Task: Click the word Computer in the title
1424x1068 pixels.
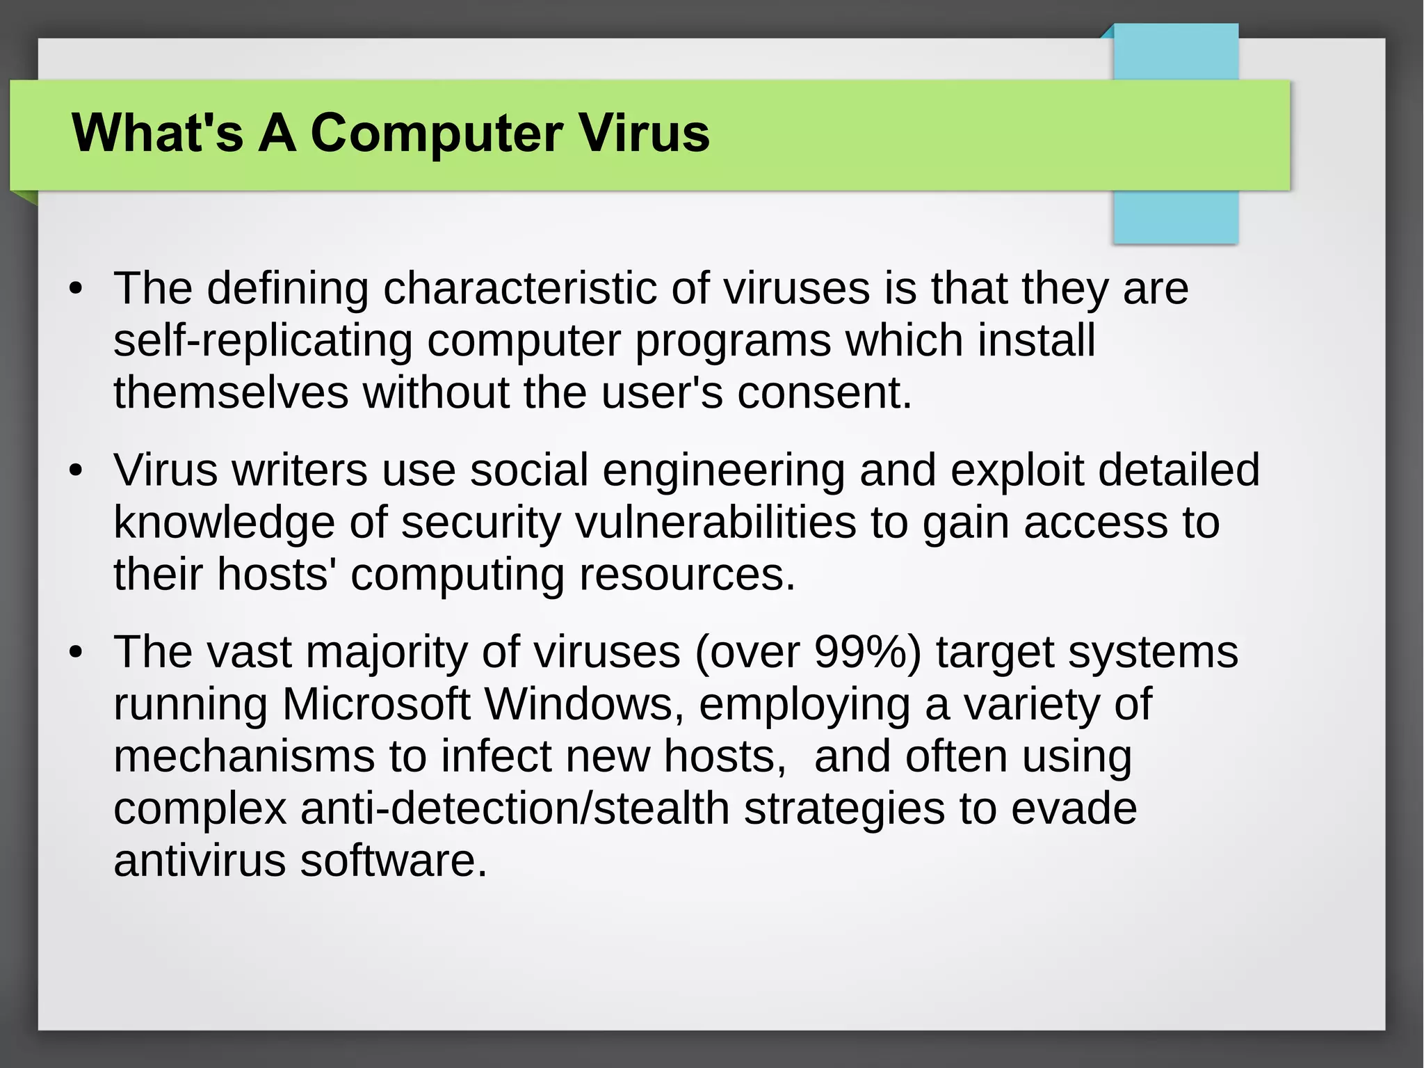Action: coord(436,133)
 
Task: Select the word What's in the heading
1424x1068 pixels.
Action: coord(157,133)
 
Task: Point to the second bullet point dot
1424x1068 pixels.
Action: coord(76,470)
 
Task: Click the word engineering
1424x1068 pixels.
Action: coord(723,470)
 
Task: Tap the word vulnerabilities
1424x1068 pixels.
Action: coord(715,523)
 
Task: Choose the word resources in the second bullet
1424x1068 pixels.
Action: coord(686,575)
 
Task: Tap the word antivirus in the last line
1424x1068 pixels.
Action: coord(200,861)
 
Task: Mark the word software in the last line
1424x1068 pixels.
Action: coord(394,861)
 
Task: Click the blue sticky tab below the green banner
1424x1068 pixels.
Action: coord(1175,216)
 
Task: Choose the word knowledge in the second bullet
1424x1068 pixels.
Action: coord(224,523)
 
